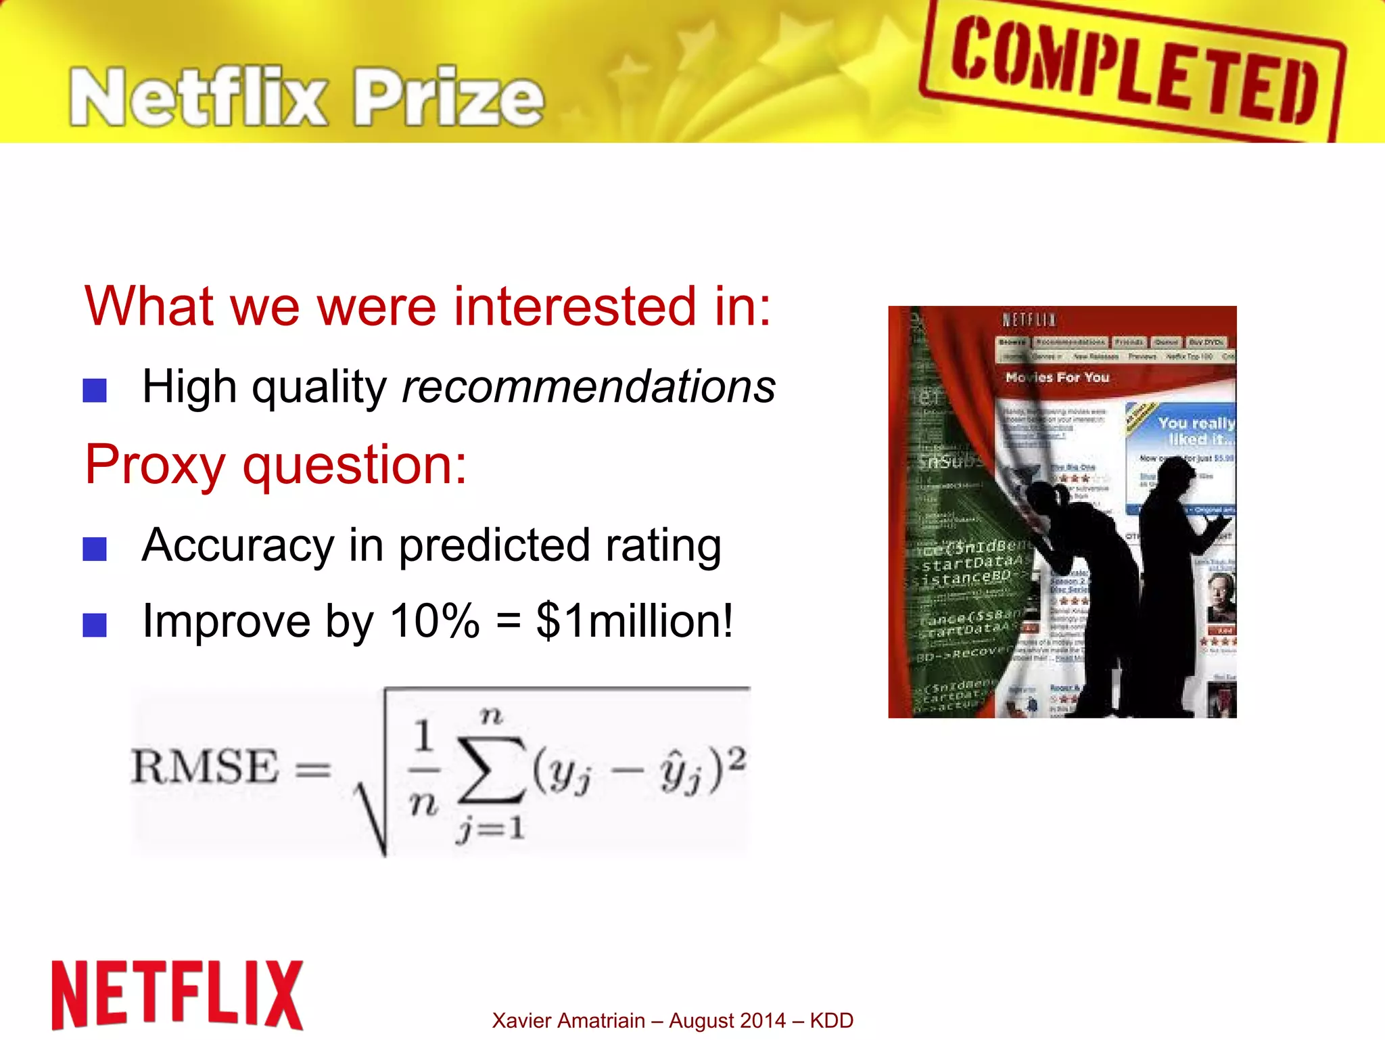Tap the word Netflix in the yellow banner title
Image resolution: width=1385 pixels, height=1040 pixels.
tap(199, 98)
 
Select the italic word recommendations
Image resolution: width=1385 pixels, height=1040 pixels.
tap(588, 387)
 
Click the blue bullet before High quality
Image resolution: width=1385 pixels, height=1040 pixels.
tap(95, 390)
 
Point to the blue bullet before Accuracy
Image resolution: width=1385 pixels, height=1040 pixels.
tap(95, 549)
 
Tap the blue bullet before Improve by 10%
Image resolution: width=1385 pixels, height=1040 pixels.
tap(95, 625)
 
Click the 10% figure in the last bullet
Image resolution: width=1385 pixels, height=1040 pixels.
tap(435, 621)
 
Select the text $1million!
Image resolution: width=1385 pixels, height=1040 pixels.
tap(634, 621)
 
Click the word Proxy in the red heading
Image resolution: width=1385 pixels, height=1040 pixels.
tap(155, 465)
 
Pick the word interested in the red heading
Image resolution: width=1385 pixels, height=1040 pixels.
tap(575, 307)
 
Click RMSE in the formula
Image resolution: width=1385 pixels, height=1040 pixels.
tap(205, 767)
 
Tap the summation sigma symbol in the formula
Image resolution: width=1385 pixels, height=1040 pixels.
tap(492, 769)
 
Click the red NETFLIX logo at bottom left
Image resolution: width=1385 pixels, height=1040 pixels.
tap(177, 995)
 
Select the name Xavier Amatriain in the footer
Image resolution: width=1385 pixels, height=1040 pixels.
tap(568, 1020)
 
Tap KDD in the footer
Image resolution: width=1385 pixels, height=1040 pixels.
tap(832, 1020)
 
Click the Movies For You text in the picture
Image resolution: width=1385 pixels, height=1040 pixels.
tap(1057, 378)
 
